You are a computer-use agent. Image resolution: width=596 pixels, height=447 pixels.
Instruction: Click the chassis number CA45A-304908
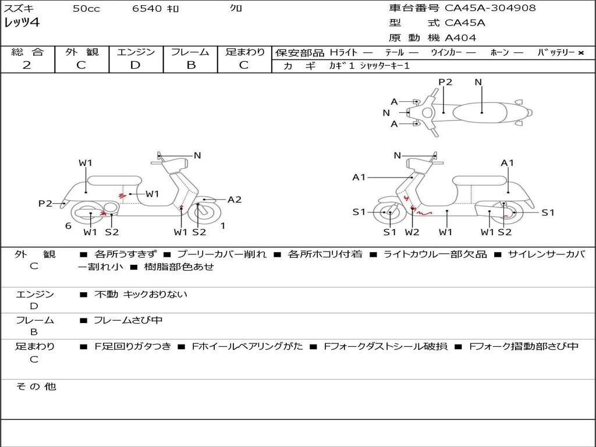(490, 8)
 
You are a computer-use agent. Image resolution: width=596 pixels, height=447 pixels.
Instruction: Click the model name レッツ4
(22, 23)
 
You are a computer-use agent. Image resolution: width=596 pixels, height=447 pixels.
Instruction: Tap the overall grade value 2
(27, 65)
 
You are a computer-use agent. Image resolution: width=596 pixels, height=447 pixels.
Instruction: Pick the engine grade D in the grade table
(135, 65)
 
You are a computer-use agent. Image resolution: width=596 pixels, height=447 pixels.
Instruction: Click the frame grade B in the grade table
(190, 65)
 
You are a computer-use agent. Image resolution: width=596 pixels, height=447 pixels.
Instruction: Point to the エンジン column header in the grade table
(136, 52)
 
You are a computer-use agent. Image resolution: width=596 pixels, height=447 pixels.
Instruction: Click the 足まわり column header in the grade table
(244, 52)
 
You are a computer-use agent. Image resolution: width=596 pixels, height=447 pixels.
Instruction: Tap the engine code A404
(460, 38)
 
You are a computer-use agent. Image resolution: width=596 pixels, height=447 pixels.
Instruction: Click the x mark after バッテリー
(580, 53)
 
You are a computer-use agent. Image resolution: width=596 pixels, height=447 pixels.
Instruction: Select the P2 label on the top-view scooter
(445, 82)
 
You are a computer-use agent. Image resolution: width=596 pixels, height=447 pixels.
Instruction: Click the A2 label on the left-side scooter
(235, 200)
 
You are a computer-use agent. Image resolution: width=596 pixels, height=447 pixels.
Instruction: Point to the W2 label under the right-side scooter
(412, 232)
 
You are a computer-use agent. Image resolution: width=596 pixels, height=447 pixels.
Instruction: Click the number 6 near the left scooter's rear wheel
(68, 226)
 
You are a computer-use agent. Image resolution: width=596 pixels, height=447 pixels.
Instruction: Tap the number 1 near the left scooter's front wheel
(223, 226)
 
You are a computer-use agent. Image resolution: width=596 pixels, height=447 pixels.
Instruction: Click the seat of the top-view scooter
(482, 112)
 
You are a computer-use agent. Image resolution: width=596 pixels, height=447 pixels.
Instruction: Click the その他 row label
(36, 386)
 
